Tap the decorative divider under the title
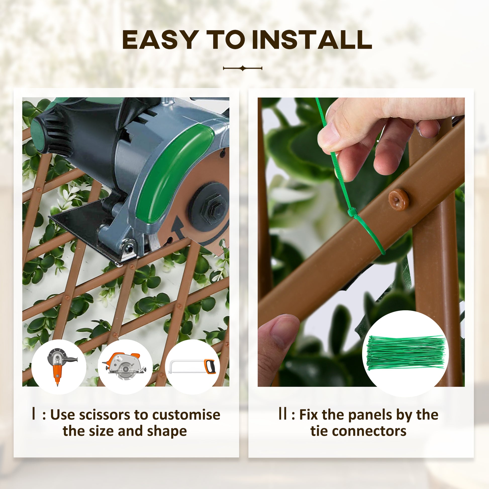coord(242,68)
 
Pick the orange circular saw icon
coord(125,367)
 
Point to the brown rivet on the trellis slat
coord(399,200)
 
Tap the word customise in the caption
coord(186,415)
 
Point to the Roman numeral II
coord(282,414)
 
